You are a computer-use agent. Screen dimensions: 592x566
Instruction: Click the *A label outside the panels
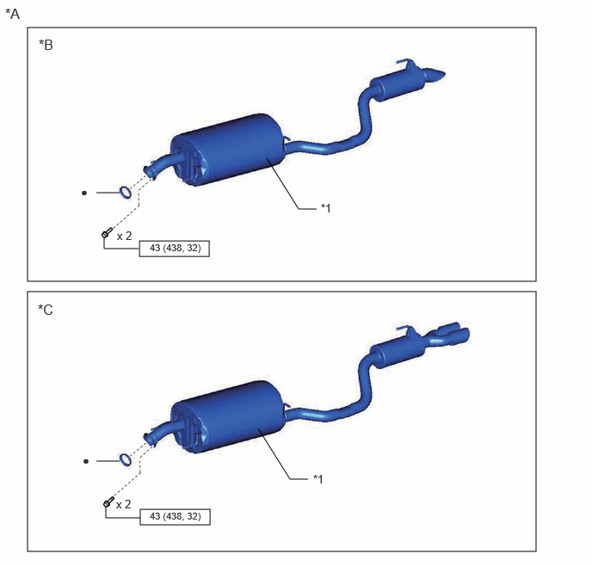coord(12,14)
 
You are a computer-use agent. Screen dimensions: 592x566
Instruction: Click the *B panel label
coord(46,45)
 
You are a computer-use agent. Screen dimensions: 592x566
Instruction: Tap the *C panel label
coord(46,310)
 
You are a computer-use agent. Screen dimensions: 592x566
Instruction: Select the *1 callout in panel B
coord(325,208)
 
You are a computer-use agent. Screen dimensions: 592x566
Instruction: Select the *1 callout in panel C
coord(318,479)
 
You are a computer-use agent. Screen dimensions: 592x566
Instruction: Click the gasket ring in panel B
coord(126,192)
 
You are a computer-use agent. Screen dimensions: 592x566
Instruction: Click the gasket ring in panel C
coord(126,460)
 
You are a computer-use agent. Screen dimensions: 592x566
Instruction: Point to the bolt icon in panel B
coord(108,232)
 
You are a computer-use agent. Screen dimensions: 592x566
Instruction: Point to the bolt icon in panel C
coord(108,501)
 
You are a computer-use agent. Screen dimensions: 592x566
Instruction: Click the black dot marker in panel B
coord(84,193)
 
